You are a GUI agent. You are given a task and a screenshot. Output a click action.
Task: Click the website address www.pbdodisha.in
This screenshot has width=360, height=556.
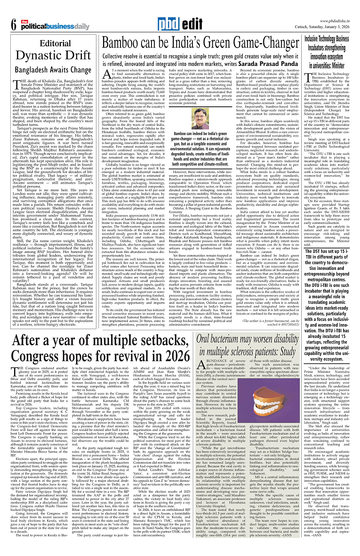click(x=335, y=21)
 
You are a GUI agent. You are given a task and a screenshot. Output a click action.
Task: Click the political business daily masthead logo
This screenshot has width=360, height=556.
click(x=55, y=26)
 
